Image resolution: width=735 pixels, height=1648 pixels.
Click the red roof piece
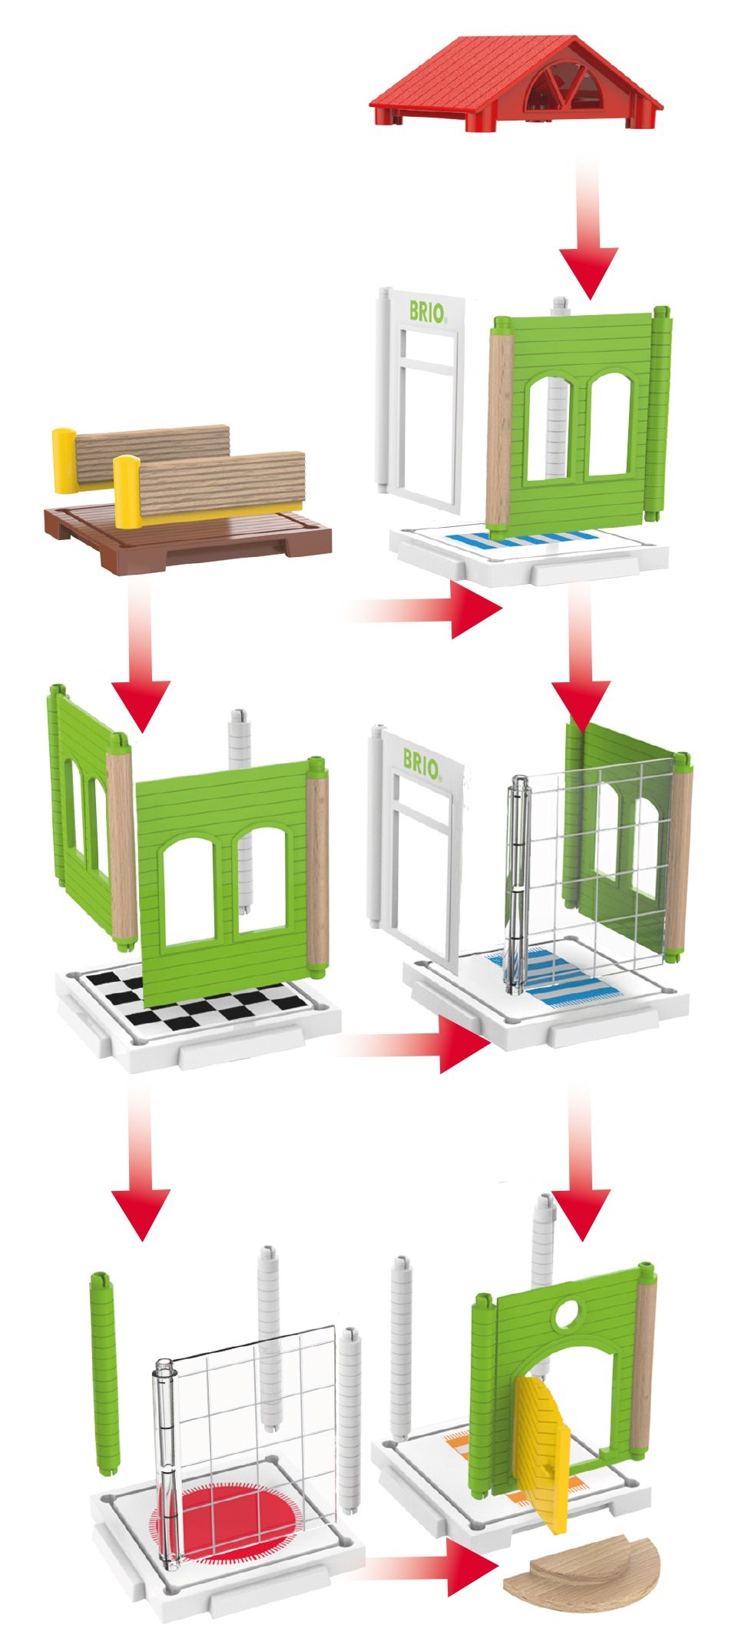tap(516, 83)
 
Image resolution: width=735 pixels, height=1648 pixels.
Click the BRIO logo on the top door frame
tap(427, 311)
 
